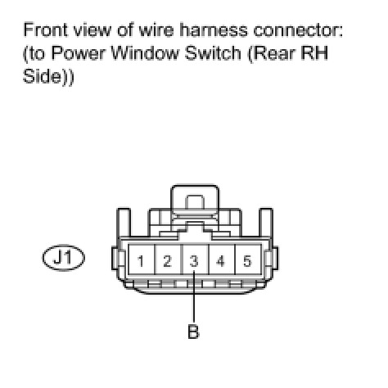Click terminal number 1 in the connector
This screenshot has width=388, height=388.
(x=141, y=261)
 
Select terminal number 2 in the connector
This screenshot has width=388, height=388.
(x=167, y=261)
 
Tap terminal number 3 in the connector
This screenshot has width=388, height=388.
(x=194, y=261)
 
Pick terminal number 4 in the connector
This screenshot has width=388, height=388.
(x=220, y=261)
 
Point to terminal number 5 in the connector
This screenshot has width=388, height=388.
(x=247, y=261)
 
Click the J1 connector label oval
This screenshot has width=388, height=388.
(x=64, y=257)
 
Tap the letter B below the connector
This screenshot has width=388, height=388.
(x=193, y=332)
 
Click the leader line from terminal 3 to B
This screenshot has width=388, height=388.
(x=194, y=296)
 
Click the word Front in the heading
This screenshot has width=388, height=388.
(x=46, y=29)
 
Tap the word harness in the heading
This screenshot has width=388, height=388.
(x=214, y=29)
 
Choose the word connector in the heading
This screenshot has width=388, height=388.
(x=298, y=30)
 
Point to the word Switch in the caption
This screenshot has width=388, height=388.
(x=213, y=52)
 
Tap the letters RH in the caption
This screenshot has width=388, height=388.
(x=314, y=52)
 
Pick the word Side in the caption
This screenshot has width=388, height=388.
(x=43, y=76)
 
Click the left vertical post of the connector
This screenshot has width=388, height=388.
(x=124, y=223)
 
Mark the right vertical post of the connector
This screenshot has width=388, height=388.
(x=266, y=223)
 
